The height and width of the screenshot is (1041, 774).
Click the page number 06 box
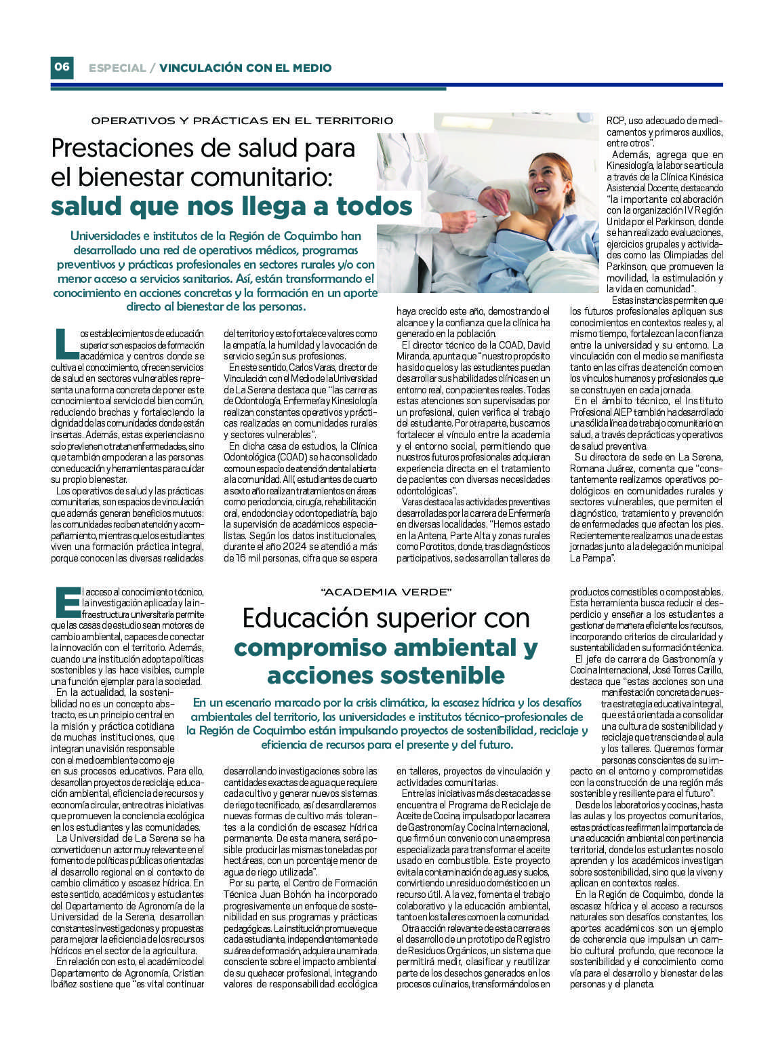click(62, 67)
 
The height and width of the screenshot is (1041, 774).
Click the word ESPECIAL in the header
click(117, 68)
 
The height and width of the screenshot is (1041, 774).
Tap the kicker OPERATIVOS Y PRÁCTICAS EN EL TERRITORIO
click(242, 121)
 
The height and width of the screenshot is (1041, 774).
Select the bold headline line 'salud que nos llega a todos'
click(232, 205)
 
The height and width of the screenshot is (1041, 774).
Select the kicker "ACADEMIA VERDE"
click(386, 592)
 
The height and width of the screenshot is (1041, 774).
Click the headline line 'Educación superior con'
click(386, 618)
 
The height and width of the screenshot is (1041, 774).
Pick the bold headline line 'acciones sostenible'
click(386, 675)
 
